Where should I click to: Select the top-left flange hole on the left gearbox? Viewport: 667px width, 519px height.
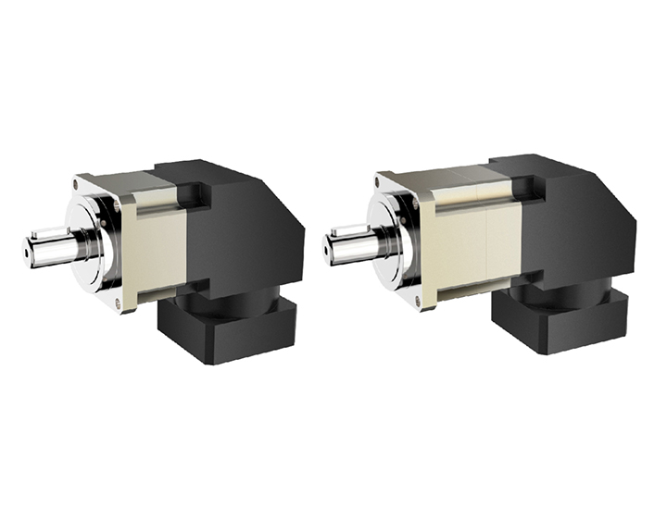[x=81, y=183]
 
